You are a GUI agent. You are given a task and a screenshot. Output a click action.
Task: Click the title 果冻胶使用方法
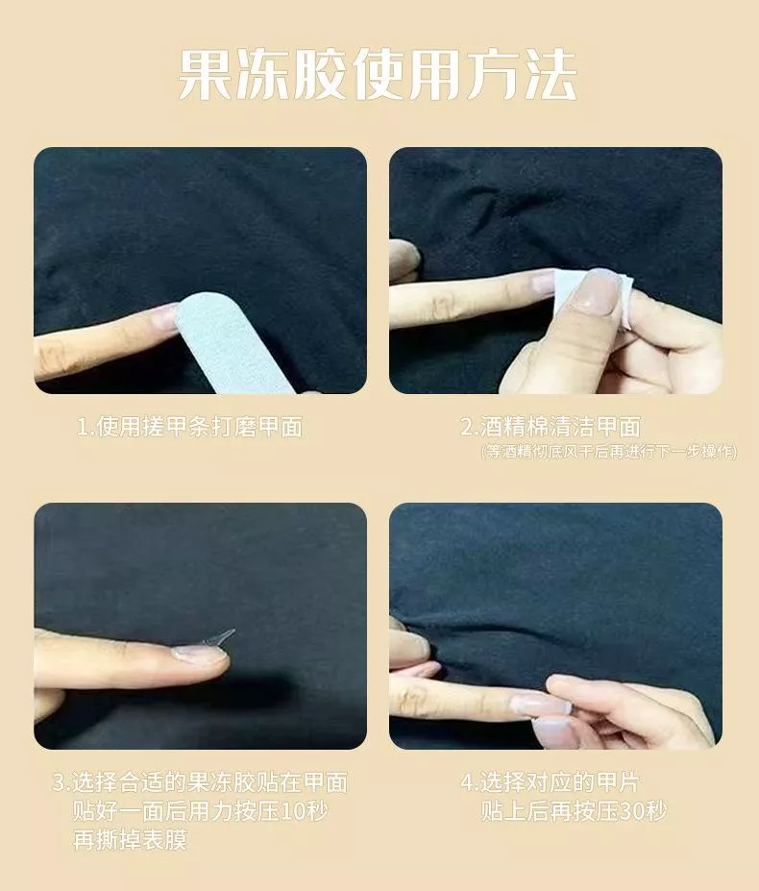pos(378,75)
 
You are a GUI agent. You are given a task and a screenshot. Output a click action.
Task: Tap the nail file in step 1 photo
pos(233,344)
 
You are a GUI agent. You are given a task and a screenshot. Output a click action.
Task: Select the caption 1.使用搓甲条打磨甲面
pos(190,427)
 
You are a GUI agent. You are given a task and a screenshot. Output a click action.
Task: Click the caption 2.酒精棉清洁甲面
pos(551,427)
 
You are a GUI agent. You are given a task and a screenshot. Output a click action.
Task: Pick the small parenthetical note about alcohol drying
pos(609,452)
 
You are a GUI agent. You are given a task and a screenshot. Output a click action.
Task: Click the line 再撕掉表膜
pos(130,839)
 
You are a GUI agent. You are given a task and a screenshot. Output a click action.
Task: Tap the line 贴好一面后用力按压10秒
pos(201,811)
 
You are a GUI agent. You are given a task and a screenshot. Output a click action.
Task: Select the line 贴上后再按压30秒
pos(574,811)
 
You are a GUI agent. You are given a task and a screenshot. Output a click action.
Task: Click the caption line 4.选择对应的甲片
pos(550,782)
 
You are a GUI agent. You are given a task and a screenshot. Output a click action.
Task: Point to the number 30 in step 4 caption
pos(630,811)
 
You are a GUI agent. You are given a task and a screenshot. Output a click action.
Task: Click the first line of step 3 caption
pos(200,782)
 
